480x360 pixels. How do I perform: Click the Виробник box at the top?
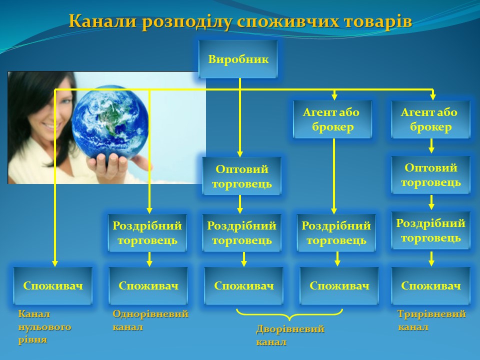tap(238, 59)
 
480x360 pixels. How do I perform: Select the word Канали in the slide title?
tap(102, 21)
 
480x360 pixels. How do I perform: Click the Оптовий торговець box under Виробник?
tap(241, 176)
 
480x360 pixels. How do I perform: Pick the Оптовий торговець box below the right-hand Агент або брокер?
tap(430, 175)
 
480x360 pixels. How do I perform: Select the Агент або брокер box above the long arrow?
tap(332, 119)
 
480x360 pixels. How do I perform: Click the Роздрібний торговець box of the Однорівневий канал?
tap(147, 233)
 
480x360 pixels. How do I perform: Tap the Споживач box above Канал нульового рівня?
tap(53, 285)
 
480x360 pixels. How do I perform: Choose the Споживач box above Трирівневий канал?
tap(430, 285)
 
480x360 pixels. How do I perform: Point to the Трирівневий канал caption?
tap(431, 320)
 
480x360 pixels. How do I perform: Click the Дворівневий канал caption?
tap(290, 335)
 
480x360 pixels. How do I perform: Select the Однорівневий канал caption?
tap(150, 320)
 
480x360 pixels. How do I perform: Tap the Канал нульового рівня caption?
tap(44, 326)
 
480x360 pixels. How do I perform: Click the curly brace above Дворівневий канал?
tap(289, 314)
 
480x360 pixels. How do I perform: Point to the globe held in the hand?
tap(110, 123)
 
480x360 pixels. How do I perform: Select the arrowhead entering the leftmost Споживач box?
tap(55, 263)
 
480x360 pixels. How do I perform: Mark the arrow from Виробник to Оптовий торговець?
tap(240, 117)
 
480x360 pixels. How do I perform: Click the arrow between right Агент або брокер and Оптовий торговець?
tap(431, 145)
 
